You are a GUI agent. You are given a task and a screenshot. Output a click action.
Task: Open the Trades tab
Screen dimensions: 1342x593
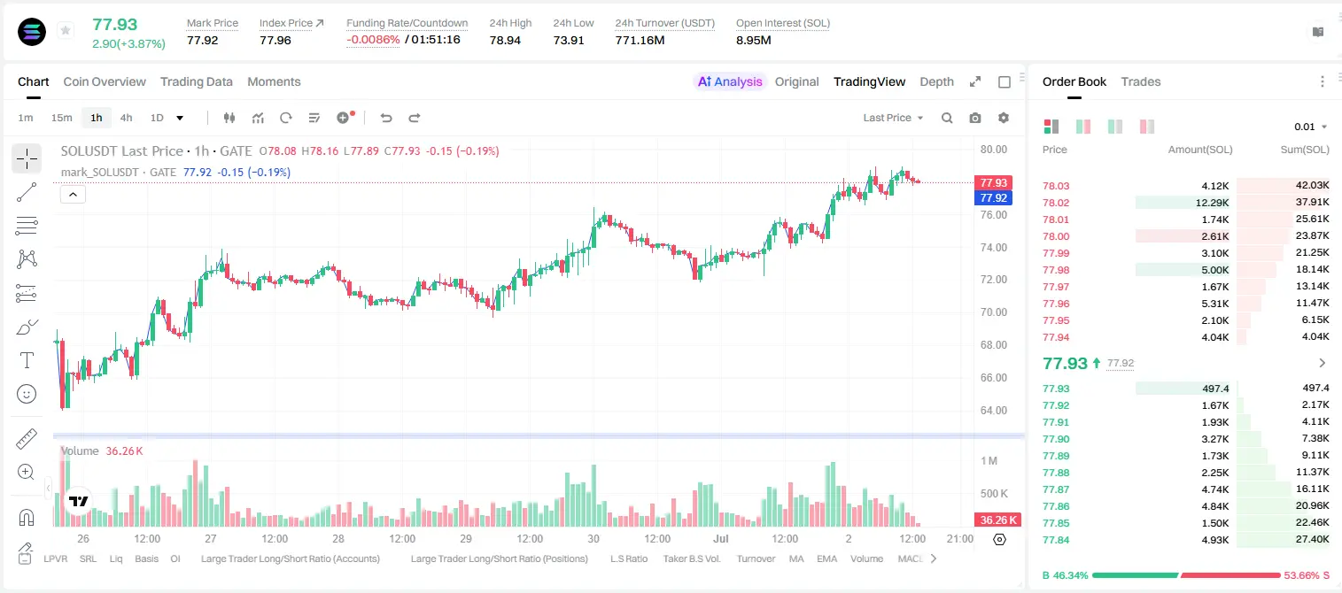point(1141,81)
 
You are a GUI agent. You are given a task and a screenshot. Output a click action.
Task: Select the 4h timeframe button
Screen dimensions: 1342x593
point(126,118)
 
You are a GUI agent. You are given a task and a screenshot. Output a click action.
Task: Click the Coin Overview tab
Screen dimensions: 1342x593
point(105,81)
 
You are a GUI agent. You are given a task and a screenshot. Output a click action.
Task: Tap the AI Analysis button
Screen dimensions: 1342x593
point(729,81)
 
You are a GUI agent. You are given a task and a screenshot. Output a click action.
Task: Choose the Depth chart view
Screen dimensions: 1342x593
point(936,81)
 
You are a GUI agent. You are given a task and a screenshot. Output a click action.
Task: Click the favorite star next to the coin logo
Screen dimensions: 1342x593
point(66,30)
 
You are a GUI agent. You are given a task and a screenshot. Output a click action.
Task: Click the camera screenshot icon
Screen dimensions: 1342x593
point(975,118)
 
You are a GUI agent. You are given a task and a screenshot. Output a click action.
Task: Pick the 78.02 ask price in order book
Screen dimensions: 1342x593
point(1056,203)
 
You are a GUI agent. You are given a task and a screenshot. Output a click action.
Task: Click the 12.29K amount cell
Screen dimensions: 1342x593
point(1212,203)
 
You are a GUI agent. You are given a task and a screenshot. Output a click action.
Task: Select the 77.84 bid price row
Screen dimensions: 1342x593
point(1056,540)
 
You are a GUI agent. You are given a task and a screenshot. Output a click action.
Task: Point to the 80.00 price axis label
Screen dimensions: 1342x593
point(993,149)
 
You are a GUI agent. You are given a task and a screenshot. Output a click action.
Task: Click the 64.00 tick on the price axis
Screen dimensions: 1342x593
point(993,411)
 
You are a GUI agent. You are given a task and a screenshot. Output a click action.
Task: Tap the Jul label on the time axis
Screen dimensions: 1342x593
point(721,538)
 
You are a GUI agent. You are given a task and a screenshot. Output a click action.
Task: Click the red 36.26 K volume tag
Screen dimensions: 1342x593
point(997,520)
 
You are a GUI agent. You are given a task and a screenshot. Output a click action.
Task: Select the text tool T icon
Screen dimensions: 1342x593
point(27,360)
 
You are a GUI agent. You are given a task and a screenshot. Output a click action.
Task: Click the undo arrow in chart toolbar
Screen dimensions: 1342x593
point(386,118)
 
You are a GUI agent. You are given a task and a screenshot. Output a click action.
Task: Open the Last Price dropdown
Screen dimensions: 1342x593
point(893,118)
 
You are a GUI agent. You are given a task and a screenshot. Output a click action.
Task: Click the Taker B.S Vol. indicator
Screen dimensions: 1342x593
point(691,558)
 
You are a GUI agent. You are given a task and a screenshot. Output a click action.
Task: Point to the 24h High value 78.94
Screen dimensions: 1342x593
point(505,40)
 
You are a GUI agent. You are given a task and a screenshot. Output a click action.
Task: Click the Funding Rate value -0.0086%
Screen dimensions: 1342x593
point(373,40)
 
